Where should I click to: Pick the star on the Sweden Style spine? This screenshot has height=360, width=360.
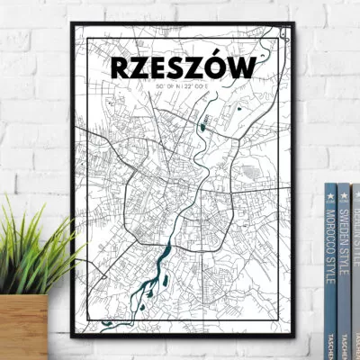pos(343,191)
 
